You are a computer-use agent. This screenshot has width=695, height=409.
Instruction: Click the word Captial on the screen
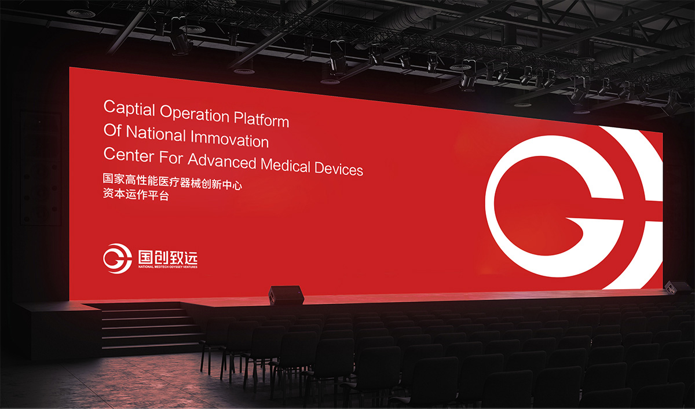coord(129,108)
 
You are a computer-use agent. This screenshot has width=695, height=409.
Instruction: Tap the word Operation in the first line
coord(195,115)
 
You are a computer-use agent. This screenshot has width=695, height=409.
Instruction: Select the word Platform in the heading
coord(262,119)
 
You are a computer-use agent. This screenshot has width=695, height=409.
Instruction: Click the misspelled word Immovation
coord(229,139)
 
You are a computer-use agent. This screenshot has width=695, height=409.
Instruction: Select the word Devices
coord(339,169)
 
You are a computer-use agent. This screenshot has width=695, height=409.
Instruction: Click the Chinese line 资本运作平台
coord(136,195)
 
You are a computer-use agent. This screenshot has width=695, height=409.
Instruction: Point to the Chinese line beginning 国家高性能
coord(172,181)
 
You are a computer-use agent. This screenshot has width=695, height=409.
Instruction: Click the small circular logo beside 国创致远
coord(117,258)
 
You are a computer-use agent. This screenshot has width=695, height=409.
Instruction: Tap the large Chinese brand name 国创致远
coord(168,257)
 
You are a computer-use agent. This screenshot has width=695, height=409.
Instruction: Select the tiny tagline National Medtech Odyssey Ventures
coord(168,267)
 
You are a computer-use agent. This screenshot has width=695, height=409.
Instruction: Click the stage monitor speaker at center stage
coord(286,294)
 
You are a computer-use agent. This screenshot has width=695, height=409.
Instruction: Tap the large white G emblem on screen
coord(575,207)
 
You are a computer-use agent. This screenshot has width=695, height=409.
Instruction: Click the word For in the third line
coord(171,158)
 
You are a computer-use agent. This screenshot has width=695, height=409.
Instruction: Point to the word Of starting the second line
coord(112,130)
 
